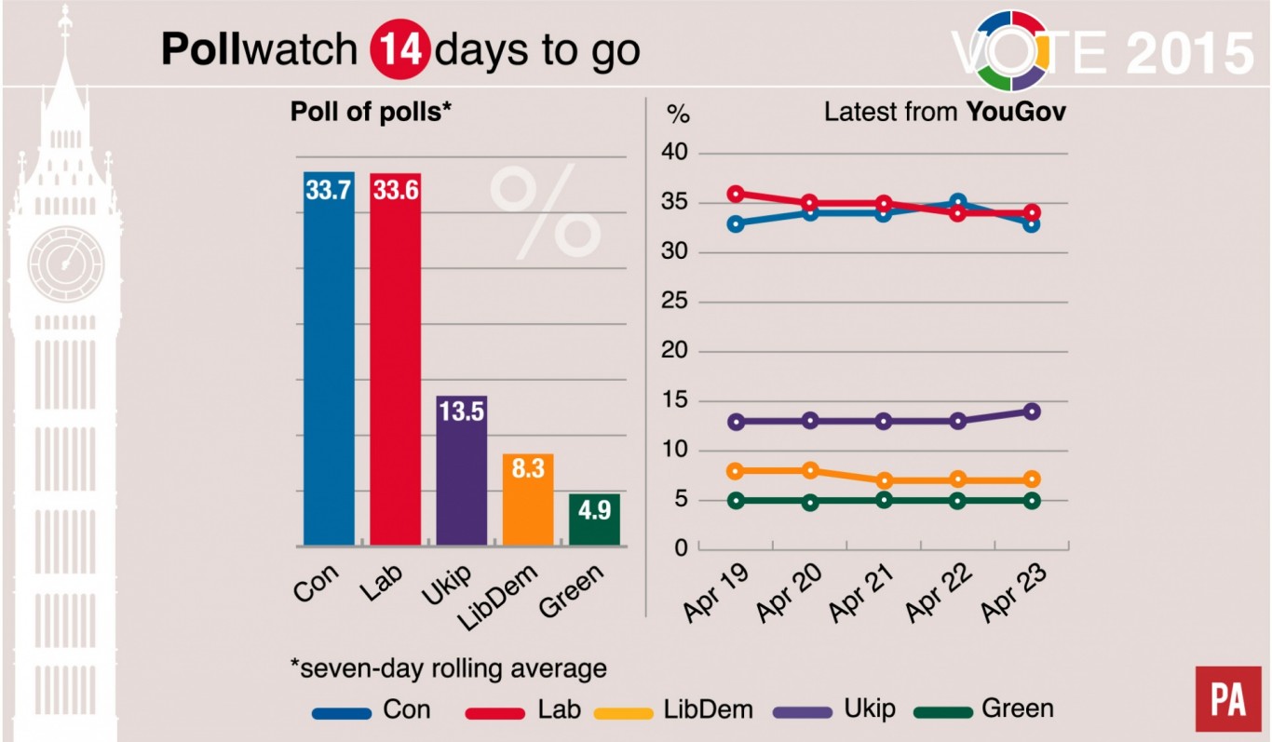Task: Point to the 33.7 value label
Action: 330,190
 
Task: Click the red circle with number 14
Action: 399,50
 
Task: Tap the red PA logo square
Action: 1222,698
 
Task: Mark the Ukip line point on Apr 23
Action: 1032,411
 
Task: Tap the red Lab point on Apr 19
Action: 737,194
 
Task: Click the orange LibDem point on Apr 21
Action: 884,480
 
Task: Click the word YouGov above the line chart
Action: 1016,113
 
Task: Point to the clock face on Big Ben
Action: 65,263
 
